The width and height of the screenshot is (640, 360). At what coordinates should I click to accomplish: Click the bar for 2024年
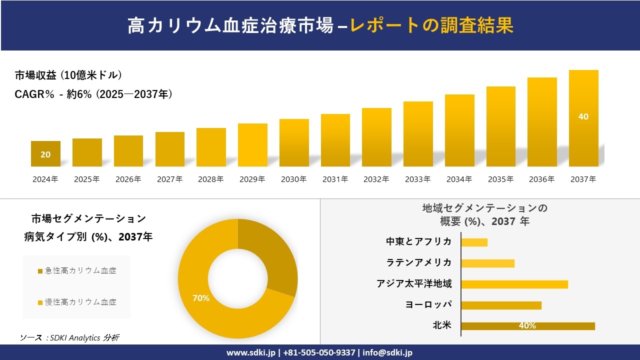coord(45,153)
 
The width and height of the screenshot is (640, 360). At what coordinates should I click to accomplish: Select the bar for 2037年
coord(583,118)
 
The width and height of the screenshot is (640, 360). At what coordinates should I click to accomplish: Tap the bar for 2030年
coord(294,142)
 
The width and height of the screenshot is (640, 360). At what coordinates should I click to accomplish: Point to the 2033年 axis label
coord(417,179)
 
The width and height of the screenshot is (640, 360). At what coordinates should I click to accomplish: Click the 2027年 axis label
coord(169,179)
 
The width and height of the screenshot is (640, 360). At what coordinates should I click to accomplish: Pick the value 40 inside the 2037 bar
coord(583,116)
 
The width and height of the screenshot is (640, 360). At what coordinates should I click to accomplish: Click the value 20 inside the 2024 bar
coord(45,154)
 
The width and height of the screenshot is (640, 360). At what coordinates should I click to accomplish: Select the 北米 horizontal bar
coord(527,326)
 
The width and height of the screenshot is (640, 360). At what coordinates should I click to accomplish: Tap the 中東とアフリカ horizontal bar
coord(474,242)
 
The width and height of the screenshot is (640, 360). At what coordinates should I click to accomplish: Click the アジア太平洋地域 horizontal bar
coord(514,284)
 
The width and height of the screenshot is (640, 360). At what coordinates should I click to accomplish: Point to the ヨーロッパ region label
coord(428,304)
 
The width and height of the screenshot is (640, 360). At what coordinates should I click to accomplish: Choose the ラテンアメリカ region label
coord(418,262)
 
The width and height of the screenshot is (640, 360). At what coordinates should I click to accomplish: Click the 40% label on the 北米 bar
coord(527,326)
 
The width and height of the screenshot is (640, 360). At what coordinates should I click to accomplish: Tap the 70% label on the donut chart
coord(201,298)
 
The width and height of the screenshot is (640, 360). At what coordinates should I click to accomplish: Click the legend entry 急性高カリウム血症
coord(80,270)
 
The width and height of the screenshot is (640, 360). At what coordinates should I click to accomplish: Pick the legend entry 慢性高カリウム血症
coord(80,302)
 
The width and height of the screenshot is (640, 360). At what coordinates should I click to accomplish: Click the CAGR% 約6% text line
coord(94,94)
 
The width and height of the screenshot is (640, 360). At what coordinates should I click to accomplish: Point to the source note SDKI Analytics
coord(70,337)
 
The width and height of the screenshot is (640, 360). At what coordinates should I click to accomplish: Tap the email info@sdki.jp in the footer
coord(387,352)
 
